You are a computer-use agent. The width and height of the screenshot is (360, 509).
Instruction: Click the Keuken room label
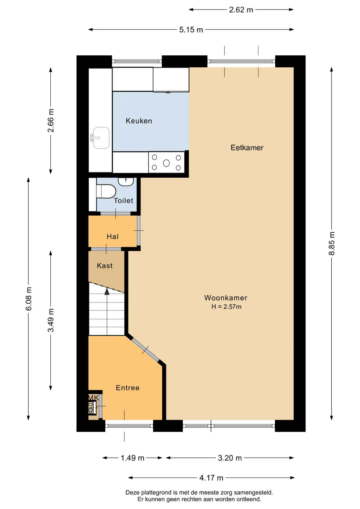(139, 121)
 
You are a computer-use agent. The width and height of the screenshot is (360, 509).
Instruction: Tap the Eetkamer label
(247, 148)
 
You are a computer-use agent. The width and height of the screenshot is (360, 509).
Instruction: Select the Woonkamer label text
(226, 298)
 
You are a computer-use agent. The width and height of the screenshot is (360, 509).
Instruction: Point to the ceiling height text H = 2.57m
(226, 307)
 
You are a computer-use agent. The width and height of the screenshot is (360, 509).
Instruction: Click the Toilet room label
(124, 200)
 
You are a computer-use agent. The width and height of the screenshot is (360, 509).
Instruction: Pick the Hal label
(113, 236)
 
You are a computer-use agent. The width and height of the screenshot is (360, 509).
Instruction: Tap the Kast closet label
(105, 266)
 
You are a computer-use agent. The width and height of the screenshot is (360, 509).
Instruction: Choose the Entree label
(128, 388)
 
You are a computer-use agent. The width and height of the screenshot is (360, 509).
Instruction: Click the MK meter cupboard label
(94, 398)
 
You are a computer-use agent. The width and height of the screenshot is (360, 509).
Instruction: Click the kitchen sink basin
(101, 138)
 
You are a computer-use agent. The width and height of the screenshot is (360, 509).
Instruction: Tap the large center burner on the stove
(166, 163)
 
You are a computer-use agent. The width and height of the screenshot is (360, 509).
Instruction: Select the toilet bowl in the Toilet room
(106, 191)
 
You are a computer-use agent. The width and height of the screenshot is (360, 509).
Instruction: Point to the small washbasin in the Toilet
(126, 182)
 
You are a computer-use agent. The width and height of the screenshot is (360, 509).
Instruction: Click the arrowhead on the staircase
(107, 292)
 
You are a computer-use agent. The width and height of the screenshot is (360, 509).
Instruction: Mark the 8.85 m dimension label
(332, 243)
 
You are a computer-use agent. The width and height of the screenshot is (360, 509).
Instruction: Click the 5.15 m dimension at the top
(191, 30)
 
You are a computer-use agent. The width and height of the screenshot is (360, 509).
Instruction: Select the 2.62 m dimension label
(241, 10)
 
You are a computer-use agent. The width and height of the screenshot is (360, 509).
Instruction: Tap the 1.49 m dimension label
(133, 458)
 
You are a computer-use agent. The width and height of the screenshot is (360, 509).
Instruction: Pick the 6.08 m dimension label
(29, 299)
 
